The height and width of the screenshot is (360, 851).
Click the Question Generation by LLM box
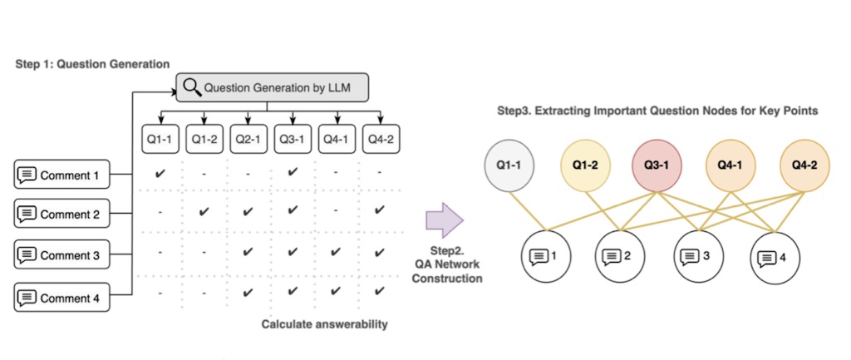click(x=273, y=87)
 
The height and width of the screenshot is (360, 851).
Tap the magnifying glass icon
click(x=192, y=86)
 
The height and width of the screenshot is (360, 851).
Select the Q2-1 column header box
click(x=248, y=139)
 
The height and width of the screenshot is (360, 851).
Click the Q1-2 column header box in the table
click(x=204, y=139)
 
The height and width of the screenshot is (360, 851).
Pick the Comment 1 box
click(x=61, y=175)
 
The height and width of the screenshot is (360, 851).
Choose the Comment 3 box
click(x=61, y=254)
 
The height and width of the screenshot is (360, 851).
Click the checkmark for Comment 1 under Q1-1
click(x=160, y=173)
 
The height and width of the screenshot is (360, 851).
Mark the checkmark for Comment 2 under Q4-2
click(x=380, y=210)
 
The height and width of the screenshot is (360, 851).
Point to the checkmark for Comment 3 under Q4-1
click(x=336, y=251)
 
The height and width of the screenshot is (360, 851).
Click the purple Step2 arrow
click(x=445, y=220)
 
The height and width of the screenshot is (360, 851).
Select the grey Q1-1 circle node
click(x=509, y=165)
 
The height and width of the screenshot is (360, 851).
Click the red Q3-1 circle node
click(x=657, y=165)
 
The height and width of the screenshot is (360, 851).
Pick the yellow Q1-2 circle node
click(x=585, y=165)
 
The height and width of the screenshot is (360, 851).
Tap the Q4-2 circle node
click(x=804, y=165)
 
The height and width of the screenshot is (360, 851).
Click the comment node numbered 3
click(x=699, y=255)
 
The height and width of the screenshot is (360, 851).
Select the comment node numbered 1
click(x=546, y=255)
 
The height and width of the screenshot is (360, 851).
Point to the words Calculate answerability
click(x=325, y=325)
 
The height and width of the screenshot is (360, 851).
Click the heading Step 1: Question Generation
click(x=92, y=64)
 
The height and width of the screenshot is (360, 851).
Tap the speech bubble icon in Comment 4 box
click(x=27, y=298)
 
